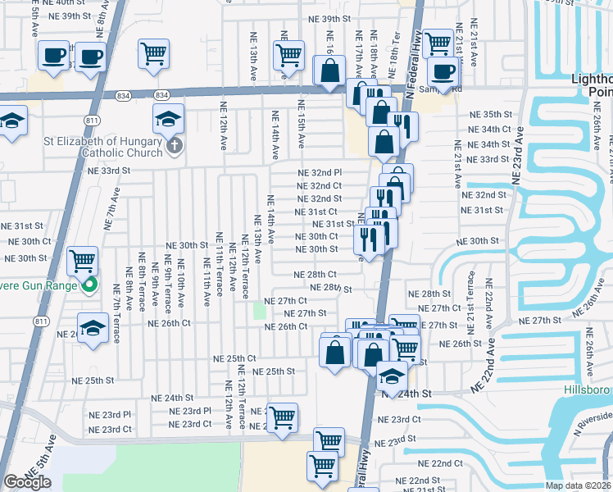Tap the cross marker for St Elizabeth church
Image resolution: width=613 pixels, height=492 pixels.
coord(173,146)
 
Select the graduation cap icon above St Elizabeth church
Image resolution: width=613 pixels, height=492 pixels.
coord(168,120)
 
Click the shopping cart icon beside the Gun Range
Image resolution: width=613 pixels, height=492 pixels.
coord(82,262)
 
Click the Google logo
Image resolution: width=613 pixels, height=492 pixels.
coord(27,482)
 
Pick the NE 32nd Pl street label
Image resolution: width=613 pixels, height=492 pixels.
coord(320,172)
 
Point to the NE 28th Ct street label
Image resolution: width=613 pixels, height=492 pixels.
coord(316,275)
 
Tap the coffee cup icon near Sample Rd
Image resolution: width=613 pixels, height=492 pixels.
coord(443,71)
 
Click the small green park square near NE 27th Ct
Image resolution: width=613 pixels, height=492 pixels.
coord(260,311)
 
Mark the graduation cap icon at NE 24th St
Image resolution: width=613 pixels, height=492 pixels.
coord(393,377)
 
